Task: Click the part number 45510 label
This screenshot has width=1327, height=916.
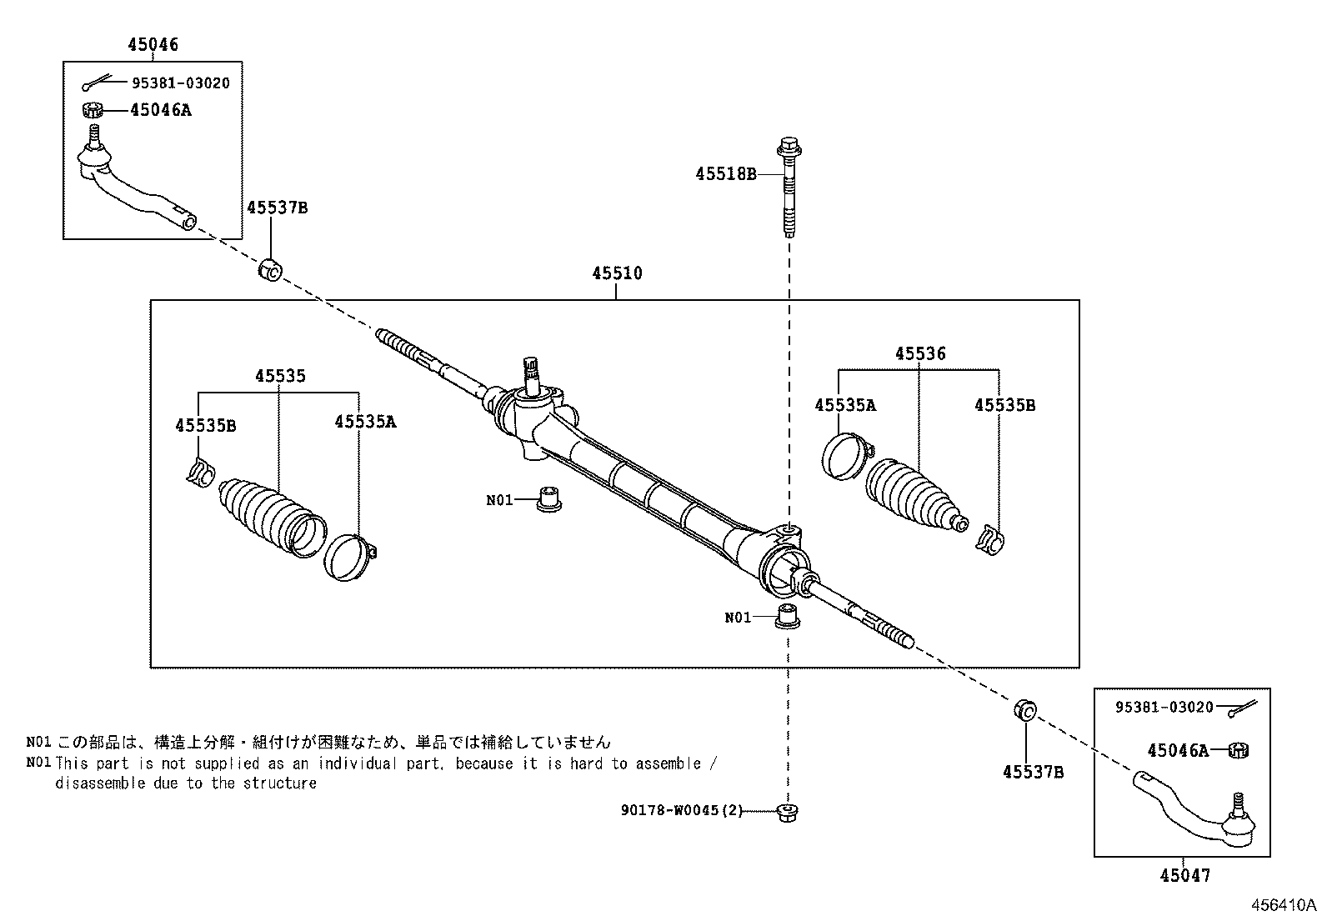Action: click(617, 273)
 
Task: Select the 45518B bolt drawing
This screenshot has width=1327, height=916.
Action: click(788, 188)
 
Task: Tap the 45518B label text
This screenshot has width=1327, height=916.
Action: click(726, 174)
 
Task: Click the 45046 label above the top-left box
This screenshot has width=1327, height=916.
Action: click(153, 44)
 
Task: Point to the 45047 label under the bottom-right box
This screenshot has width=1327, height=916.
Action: click(1184, 875)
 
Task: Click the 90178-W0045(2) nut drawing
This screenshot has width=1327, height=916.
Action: click(784, 811)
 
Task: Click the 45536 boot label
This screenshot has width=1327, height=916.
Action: click(920, 353)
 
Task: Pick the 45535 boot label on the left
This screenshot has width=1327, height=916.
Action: click(280, 376)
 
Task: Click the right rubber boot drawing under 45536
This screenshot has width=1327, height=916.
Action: click(910, 493)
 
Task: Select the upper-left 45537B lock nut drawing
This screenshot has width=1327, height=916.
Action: click(271, 269)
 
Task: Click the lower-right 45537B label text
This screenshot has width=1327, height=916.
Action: click(1033, 772)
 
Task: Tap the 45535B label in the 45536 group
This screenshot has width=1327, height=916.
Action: click(1004, 405)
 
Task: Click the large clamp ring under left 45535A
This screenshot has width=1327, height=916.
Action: click(348, 557)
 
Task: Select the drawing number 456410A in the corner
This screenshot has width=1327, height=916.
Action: click(1281, 904)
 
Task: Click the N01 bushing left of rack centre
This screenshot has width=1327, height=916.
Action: click(548, 498)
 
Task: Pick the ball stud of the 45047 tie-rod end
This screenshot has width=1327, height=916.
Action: click(1238, 803)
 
